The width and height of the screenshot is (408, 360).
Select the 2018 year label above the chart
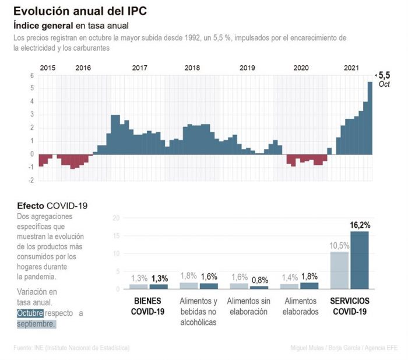[x=192, y=68]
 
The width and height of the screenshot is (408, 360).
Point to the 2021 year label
[x=351, y=68]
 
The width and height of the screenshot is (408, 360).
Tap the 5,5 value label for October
[x=384, y=75]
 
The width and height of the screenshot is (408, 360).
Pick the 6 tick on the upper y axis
[x=32, y=76]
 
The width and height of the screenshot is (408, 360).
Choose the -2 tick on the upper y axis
[x=31, y=181]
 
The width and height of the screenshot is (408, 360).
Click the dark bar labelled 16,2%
[x=360, y=260]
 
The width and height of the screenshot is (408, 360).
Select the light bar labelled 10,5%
[x=339, y=270]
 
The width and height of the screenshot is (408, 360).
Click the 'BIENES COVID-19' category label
[x=148, y=306]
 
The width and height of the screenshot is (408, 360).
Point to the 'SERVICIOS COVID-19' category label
[x=350, y=306]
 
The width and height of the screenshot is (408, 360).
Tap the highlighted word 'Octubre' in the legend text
[x=30, y=313]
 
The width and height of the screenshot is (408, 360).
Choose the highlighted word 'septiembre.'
[x=36, y=324]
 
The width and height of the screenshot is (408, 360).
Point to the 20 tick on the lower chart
[x=116, y=218]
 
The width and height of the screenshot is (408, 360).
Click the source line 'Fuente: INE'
[x=71, y=348]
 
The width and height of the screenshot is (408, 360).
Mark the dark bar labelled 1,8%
[x=309, y=285]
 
